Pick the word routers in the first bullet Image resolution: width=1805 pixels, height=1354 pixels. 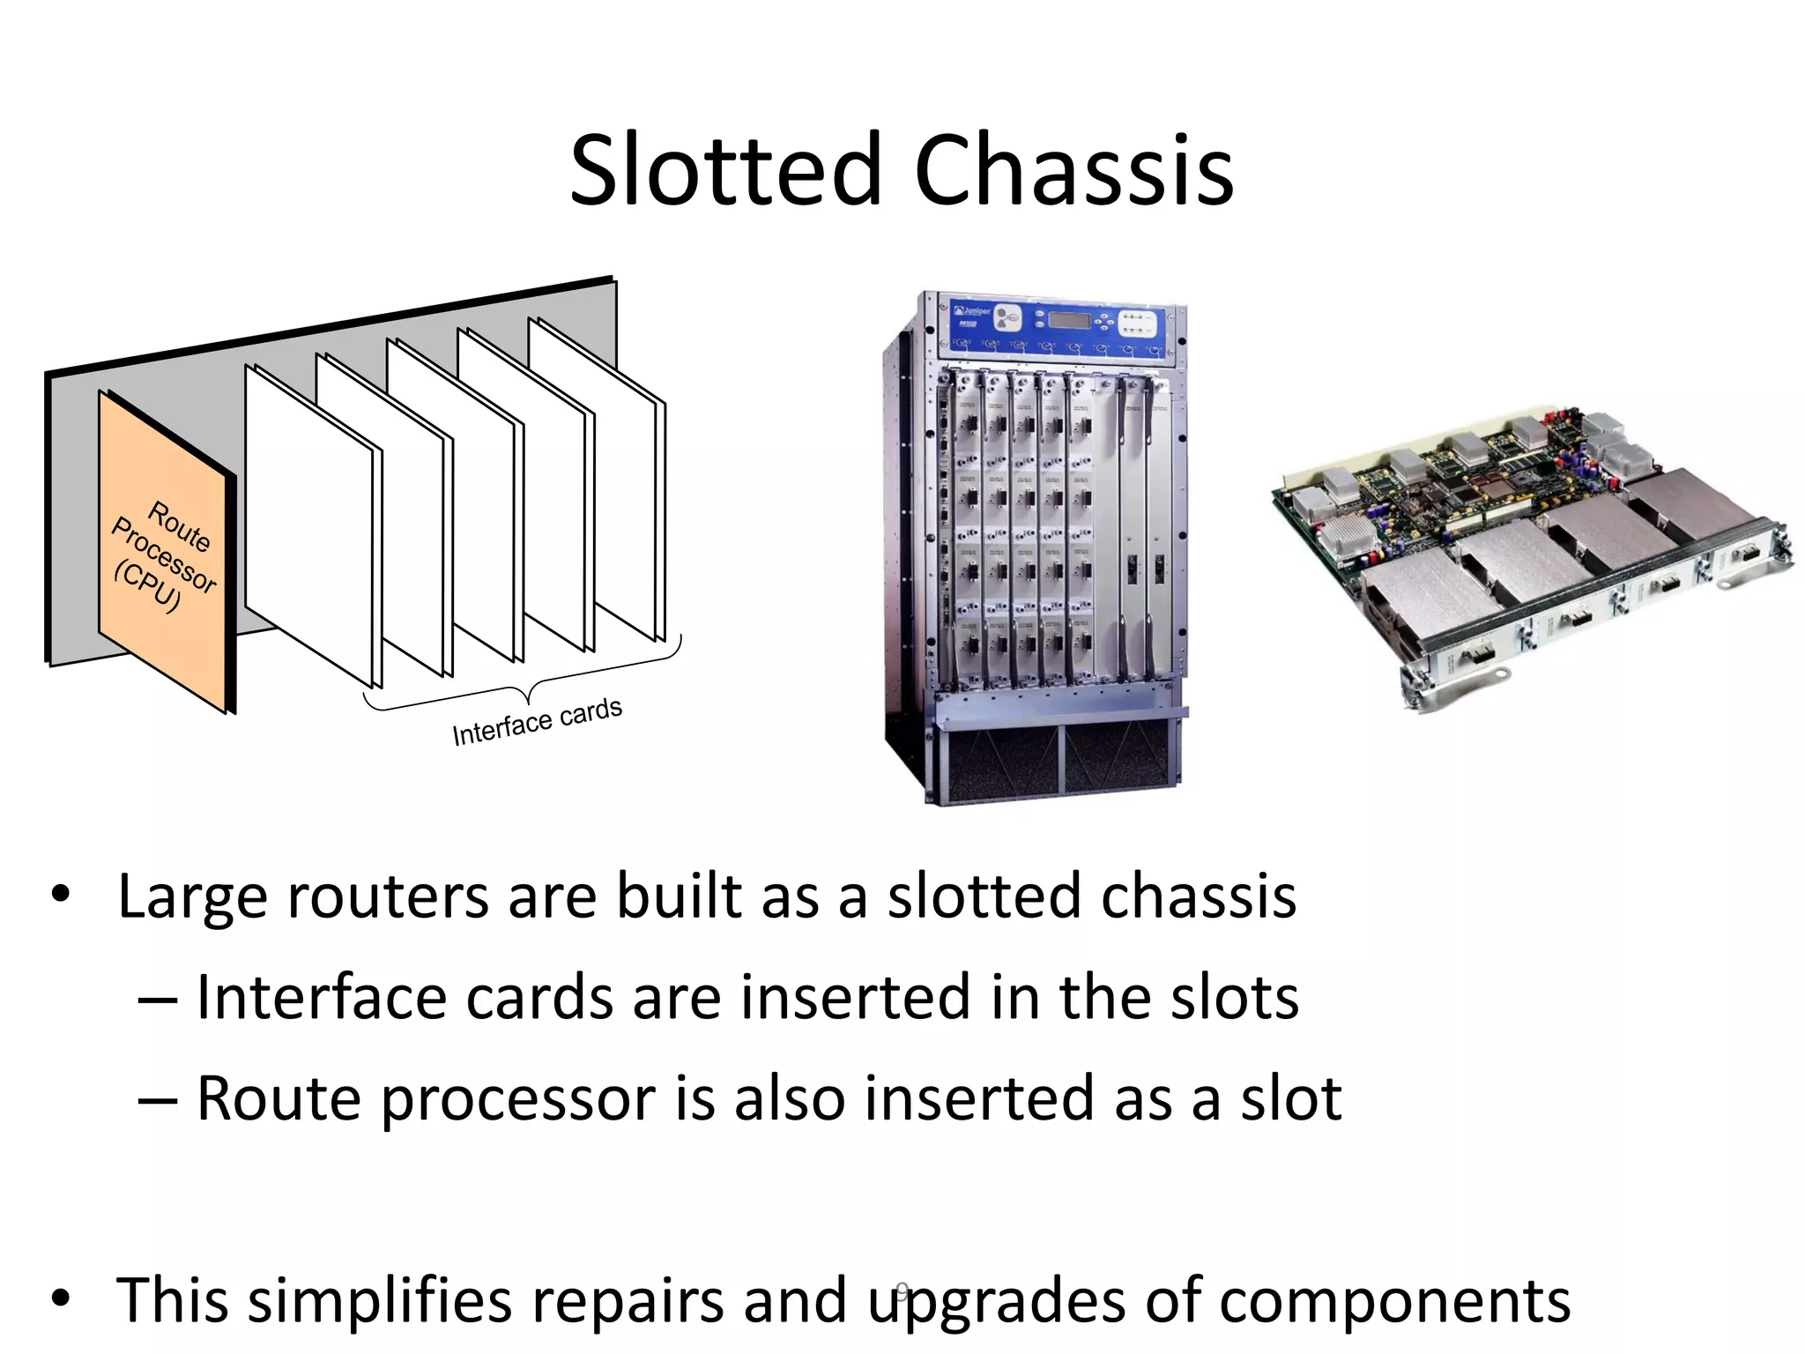coord(387,896)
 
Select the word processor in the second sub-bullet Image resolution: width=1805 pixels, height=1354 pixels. coord(520,1099)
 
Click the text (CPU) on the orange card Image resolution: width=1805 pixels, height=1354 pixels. coord(146,585)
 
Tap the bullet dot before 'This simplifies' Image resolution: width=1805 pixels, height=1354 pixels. coord(60,1300)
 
